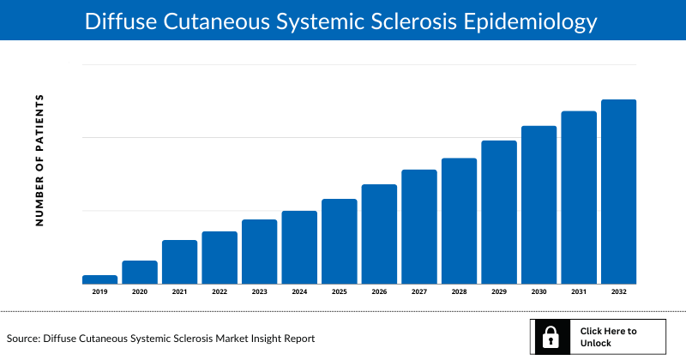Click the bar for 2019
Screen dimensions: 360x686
pos(99,279)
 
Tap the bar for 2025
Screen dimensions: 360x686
pos(339,241)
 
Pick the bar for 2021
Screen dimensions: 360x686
pos(179,261)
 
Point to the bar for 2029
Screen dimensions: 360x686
pos(498,212)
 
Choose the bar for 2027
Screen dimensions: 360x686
pos(418,226)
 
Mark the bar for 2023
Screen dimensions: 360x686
pos(259,251)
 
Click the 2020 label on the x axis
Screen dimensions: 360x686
pos(140,292)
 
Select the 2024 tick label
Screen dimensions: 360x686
pos(299,292)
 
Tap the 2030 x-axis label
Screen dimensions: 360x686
pos(539,292)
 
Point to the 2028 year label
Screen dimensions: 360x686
pos(459,292)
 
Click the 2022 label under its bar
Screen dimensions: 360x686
pos(220,292)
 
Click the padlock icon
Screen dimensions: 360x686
pos(547,337)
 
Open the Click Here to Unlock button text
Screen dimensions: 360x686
pos(608,337)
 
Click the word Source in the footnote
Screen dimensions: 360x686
pos(25,339)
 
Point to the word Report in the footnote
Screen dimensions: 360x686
pos(297,339)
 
